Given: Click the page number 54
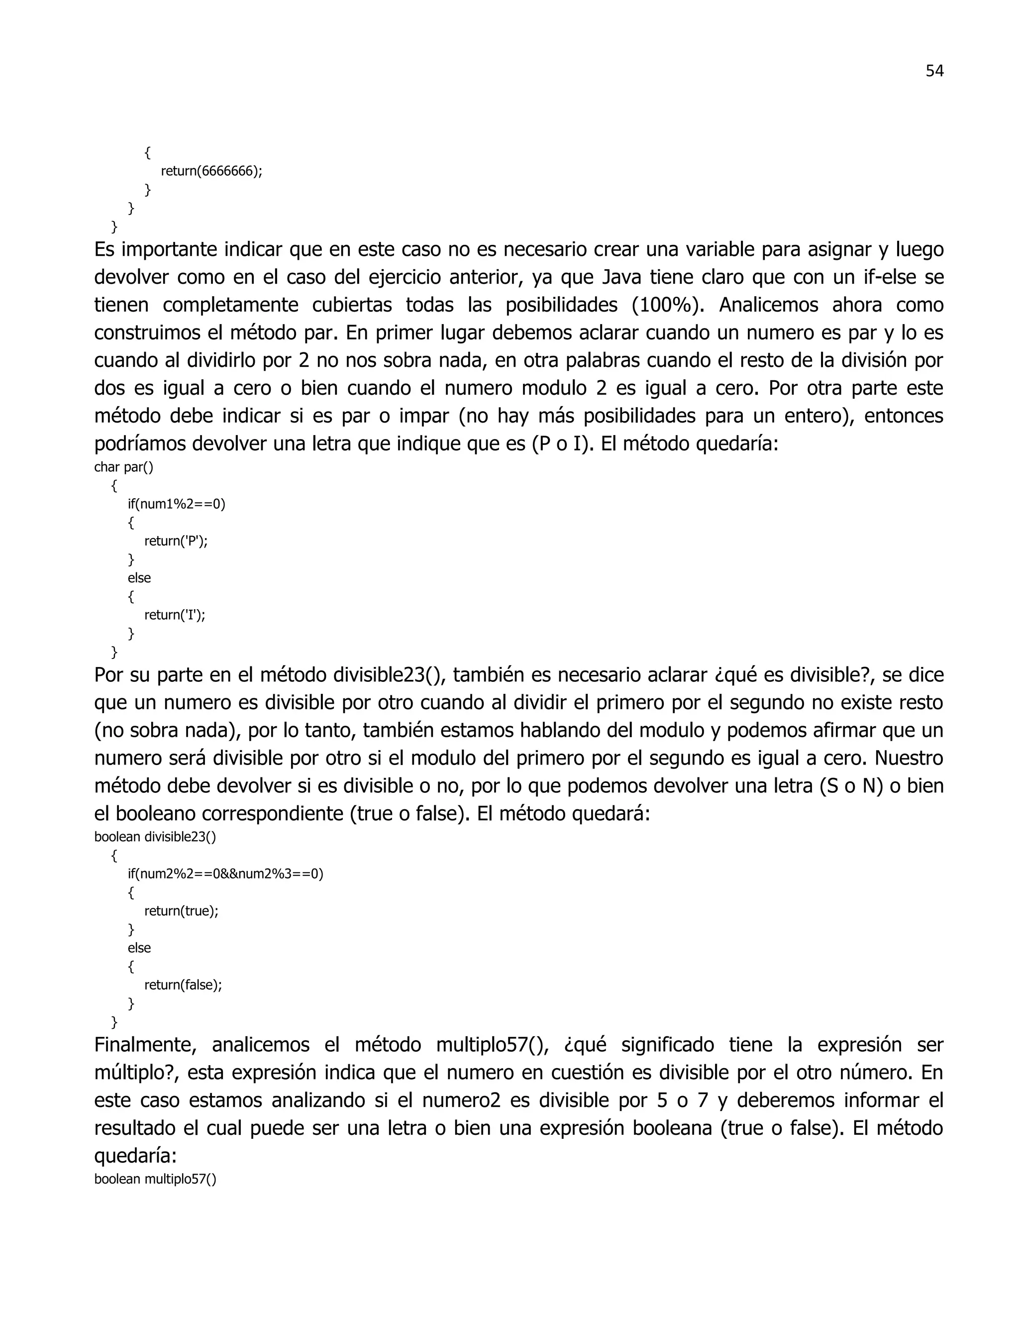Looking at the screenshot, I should pyautogui.click(x=934, y=71).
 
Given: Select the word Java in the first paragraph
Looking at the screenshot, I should pyautogui.click(x=622, y=277).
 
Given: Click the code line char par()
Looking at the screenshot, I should pyautogui.click(x=124, y=467).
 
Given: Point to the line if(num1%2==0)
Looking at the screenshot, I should pyautogui.click(x=176, y=504).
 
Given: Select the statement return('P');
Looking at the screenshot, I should pyautogui.click(x=176, y=541).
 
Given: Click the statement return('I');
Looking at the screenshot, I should pyautogui.click(x=175, y=615).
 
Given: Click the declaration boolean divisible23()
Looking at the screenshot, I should pyautogui.click(x=155, y=837).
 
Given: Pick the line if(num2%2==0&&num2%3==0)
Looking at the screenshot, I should pyautogui.click(x=225, y=874).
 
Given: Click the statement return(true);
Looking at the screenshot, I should pyautogui.click(x=181, y=911).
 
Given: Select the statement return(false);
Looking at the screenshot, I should pyautogui.click(x=183, y=985).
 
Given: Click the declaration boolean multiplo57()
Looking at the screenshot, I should pyautogui.click(x=155, y=1179).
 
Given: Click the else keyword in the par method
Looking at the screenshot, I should pyautogui.click(x=139, y=578).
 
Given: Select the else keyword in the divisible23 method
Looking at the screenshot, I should pyautogui.click(x=139, y=948).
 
